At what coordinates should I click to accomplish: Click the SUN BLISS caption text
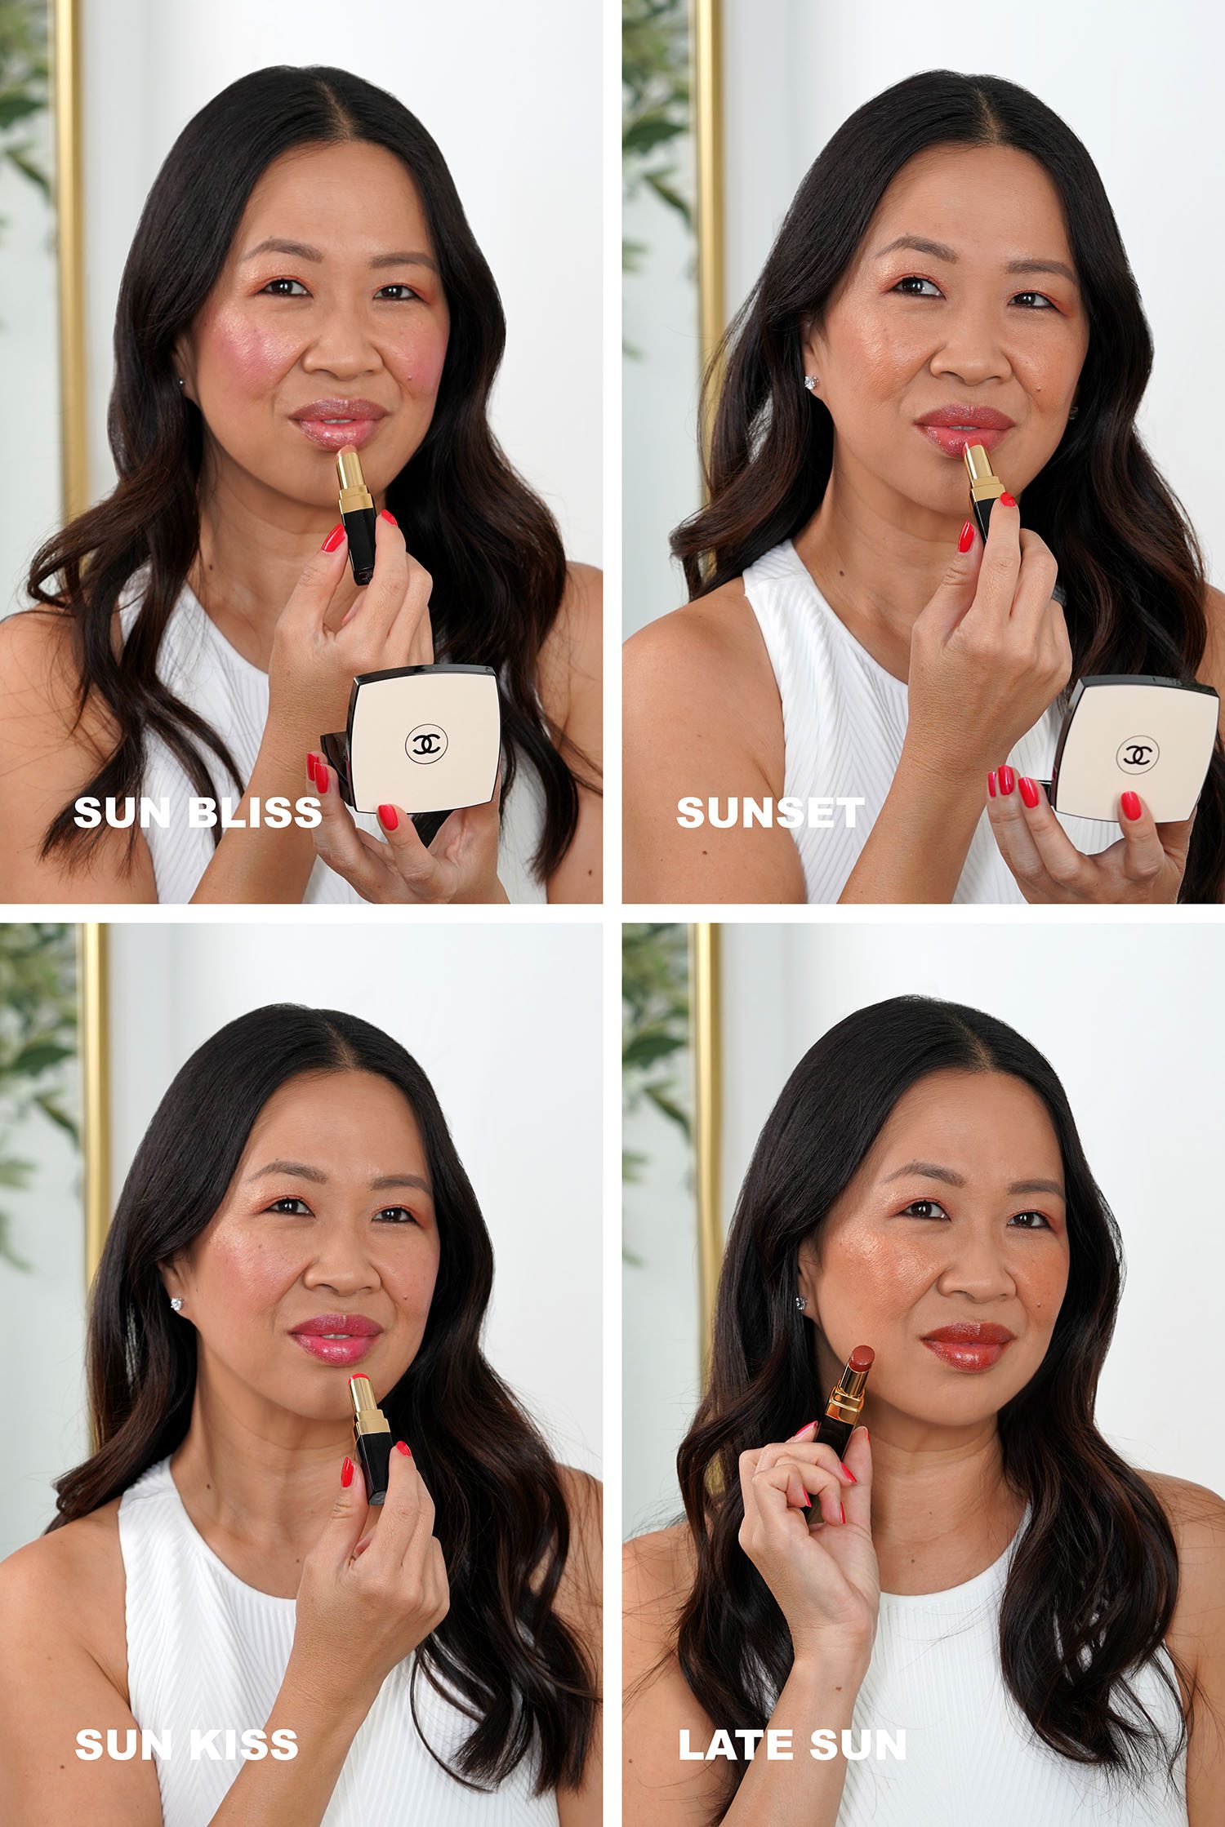tap(198, 812)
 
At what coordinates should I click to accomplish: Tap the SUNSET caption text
tap(770, 812)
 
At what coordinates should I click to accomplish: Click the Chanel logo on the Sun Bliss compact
tap(426, 743)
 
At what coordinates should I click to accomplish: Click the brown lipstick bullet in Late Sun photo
tap(862, 1359)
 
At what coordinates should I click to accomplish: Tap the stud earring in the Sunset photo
tap(812, 382)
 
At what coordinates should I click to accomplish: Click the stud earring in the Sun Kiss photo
tap(176, 1305)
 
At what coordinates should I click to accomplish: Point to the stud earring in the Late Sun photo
tap(800, 1302)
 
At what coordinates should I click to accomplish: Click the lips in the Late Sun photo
tap(967, 1343)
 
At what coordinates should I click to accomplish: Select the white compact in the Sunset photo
tap(1135, 749)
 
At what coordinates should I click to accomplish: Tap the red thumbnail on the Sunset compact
tap(1130, 806)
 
